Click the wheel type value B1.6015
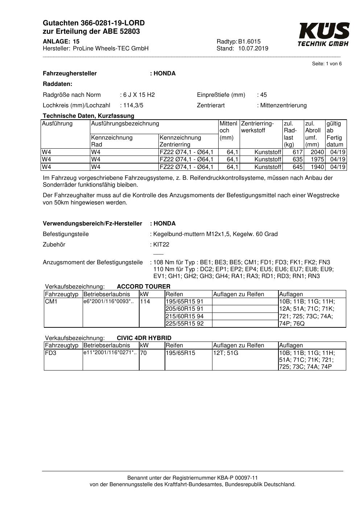pyautogui.click(x=249, y=41)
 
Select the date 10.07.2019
pyautogui.click(x=253, y=48)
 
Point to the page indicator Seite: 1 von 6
pyautogui.click(x=327, y=64)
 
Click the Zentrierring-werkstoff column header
pyautogui.click(x=257, y=127)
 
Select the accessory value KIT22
pyautogui.click(x=161, y=245)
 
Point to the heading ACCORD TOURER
pyautogui.click(x=144, y=287)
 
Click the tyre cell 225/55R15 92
pyautogui.click(x=185, y=324)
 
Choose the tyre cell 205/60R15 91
pyautogui.click(x=185, y=309)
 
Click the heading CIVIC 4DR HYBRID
pyautogui.click(x=144, y=338)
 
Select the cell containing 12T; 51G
pyautogui.click(x=226, y=353)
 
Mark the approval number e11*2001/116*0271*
pyautogui.click(x=110, y=353)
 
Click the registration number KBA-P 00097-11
pyautogui.click(x=237, y=478)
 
